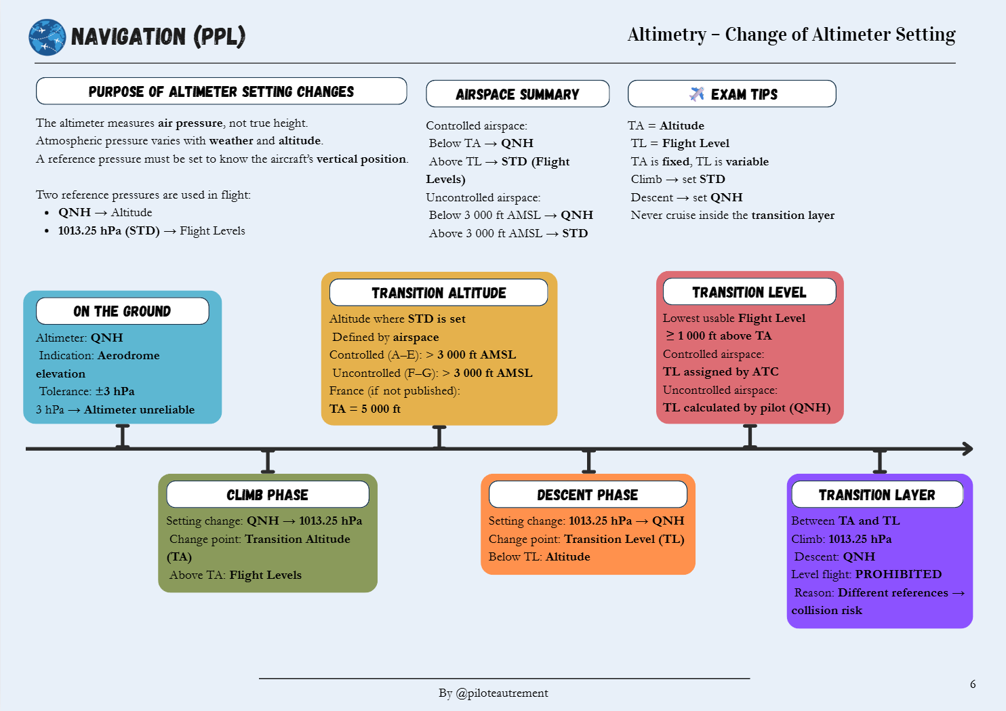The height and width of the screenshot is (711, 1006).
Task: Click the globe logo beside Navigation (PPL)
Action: click(x=47, y=37)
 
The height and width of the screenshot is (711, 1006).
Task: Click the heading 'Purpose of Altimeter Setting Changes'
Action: click(x=221, y=92)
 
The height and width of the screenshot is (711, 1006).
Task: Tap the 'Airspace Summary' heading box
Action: click(x=517, y=94)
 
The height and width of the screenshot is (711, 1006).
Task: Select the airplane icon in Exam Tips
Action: click(x=697, y=94)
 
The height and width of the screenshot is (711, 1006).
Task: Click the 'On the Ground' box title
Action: click(x=122, y=311)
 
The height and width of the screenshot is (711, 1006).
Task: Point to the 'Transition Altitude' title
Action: click(x=439, y=293)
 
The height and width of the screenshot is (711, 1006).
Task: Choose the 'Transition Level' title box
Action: click(x=749, y=292)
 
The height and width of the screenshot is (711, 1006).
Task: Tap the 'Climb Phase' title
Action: click(x=267, y=495)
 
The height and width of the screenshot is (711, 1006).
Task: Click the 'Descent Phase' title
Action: click(x=587, y=495)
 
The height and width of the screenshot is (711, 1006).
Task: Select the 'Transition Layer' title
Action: click(x=877, y=495)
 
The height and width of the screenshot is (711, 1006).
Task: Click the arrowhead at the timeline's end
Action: click(x=968, y=449)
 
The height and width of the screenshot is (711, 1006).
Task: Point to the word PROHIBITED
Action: click(x=898, y=574)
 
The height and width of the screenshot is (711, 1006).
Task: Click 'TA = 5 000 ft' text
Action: click(x=365, y=409)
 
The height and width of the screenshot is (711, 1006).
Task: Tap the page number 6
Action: click(x=973, y=684)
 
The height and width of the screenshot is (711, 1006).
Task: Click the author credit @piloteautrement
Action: click(x=502, y=693)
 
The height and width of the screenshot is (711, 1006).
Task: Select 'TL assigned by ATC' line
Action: click(x=721, y=371)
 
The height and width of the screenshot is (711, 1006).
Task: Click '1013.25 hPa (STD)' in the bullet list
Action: click(x=108, y=230)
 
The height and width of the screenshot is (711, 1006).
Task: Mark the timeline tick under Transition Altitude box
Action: click(x=439, y=437)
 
